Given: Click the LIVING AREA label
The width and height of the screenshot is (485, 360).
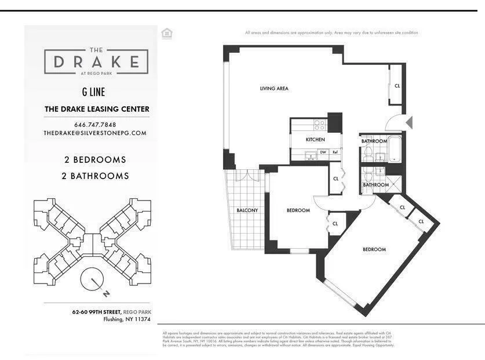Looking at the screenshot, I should point(274,89).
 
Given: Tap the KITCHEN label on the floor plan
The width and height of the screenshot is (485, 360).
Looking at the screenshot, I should point(315,140).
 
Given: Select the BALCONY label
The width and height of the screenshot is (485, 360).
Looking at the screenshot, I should point(247,210).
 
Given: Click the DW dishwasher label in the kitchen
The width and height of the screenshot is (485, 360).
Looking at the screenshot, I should point(323,152).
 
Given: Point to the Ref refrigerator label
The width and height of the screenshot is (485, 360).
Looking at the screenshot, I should point(335,152).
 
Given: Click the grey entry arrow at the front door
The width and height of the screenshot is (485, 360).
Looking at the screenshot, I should point(409,123).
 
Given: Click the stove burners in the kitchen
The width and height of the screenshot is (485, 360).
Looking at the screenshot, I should point(319,123).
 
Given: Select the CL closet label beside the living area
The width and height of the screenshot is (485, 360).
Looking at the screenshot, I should point(397,86).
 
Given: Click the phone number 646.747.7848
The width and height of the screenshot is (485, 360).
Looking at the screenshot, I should point(95,125).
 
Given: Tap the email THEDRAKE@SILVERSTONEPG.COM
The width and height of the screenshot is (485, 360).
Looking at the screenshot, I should point(95,133).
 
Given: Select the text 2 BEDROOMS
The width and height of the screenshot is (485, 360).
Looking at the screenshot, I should point(95,159).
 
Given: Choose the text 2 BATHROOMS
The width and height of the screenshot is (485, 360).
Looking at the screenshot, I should point(95,176).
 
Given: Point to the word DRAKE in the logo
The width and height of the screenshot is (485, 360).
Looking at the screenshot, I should point(96,61).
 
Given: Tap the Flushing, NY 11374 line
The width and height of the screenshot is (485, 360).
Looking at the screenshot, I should point(126,319).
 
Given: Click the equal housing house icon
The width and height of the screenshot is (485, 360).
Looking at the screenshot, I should point(167,34).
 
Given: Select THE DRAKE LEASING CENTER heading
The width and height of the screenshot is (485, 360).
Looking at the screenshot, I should point(97,109).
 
